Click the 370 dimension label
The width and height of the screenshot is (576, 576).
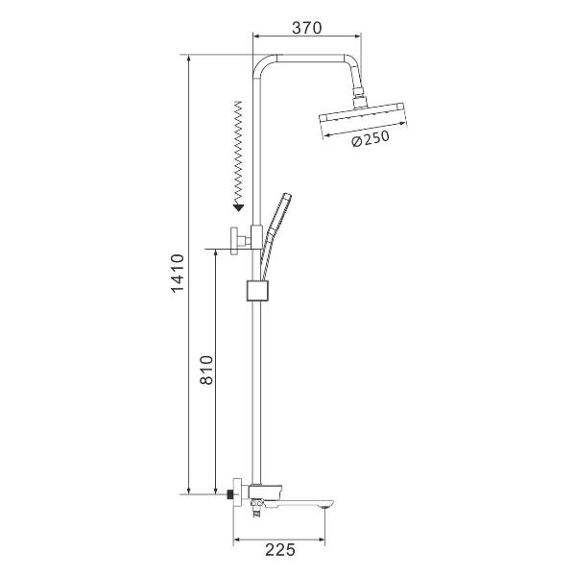click(x=307, y=28)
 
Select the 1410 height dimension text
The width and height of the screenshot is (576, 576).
click(x=178, y=273)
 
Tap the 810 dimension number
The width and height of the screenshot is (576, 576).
click(x=206, y=370)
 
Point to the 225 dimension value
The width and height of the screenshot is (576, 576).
click(x=280, y=550)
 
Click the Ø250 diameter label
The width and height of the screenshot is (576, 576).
click(x=371, y=138)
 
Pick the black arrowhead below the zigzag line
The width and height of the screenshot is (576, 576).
click(x=239, y=208)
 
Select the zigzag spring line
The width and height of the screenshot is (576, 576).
click(x=239, y=154)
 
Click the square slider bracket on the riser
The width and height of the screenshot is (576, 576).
click(x=258, y=291)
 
